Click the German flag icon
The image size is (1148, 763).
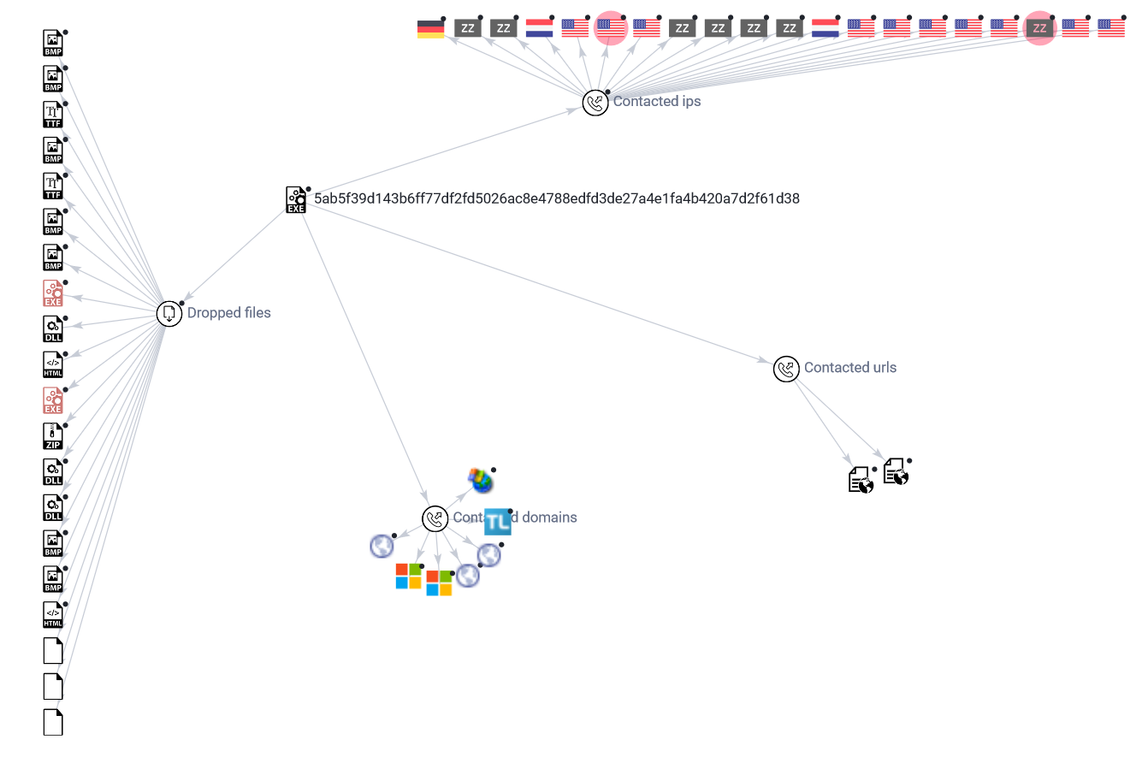(x=430, y=29)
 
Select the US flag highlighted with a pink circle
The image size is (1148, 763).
(x=611, y=28)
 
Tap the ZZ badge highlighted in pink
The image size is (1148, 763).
(x=1039, y=28)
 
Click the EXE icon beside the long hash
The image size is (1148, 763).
(x=295, y=200)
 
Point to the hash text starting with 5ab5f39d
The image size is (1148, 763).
(x=556, y=198)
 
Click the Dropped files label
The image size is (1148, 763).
(x=228, y=313)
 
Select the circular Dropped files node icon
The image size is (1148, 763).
(x=169, y=314)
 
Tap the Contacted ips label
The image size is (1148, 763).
(x=656, y=102)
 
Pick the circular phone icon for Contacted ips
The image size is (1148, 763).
(x=595, y=103)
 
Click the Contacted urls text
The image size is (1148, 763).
(x=849, y=368)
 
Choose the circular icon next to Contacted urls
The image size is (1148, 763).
(x=785, y=369)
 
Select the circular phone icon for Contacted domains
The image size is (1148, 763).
(x=435, y=518)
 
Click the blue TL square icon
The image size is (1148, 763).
(x=497, y=522)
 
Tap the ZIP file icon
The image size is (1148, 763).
(x=53, y=436)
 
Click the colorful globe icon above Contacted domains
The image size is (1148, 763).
(x=481, y=481)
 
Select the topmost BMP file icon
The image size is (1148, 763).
(x=53, y=44)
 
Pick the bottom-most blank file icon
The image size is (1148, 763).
(x=53, y=722)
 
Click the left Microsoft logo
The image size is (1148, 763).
(x=408, y=577)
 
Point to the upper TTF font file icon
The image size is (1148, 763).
(x=53, y=115)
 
